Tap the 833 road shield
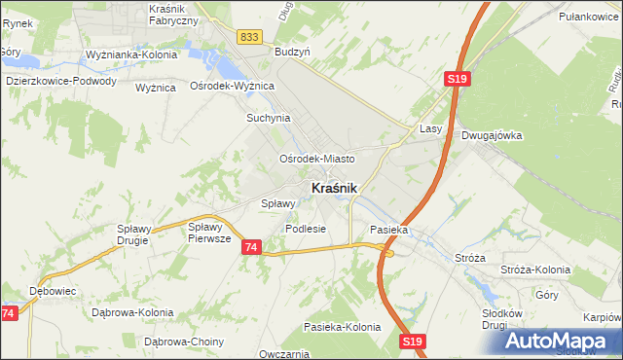tap(249, 36)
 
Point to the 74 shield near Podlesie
tap(251, 248)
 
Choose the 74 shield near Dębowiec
tap(9, 313)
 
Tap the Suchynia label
tap(269, 118)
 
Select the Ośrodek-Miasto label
tap(316, 159)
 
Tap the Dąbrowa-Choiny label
tap(184, 342)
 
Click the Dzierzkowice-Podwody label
tap(61, 82)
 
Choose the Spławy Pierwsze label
tap(208, 232)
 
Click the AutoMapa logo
tap(559, 341)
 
